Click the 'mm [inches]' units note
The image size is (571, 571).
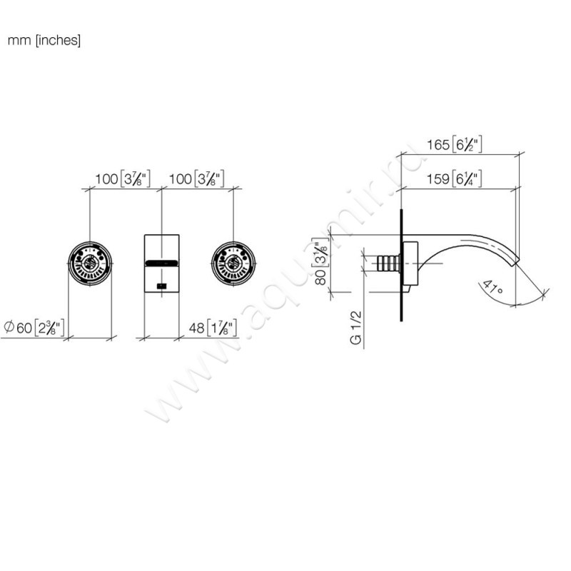(x=44, y=40)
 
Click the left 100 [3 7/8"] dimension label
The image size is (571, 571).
(x=123, y=179)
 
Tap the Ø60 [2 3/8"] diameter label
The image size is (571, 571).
(x=34, y=328)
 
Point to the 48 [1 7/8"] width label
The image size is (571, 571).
(x=213, y=328)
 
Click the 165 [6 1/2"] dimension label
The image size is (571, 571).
(x=455, y=144)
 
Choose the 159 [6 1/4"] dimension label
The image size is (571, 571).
(x=455, y=179)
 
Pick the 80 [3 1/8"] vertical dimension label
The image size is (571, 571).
(x=320, y=261)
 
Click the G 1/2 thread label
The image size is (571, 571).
(x=355, y=328)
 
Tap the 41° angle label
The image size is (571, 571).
(x=492, y=287)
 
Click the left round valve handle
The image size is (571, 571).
(x=90, y=263)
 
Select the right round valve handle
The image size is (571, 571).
(x=233, y=263)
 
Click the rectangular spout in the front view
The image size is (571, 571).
(x=162, y=263)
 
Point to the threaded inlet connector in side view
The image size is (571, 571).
(x=388, y=263)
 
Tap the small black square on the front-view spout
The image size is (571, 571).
(x=162, y=286)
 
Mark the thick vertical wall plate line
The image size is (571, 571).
(x=401, y=265)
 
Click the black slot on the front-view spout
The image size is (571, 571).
(x=162, y=263)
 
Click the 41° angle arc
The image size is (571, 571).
(x=531, y=300)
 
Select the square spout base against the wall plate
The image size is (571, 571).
(x=410, y=263)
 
